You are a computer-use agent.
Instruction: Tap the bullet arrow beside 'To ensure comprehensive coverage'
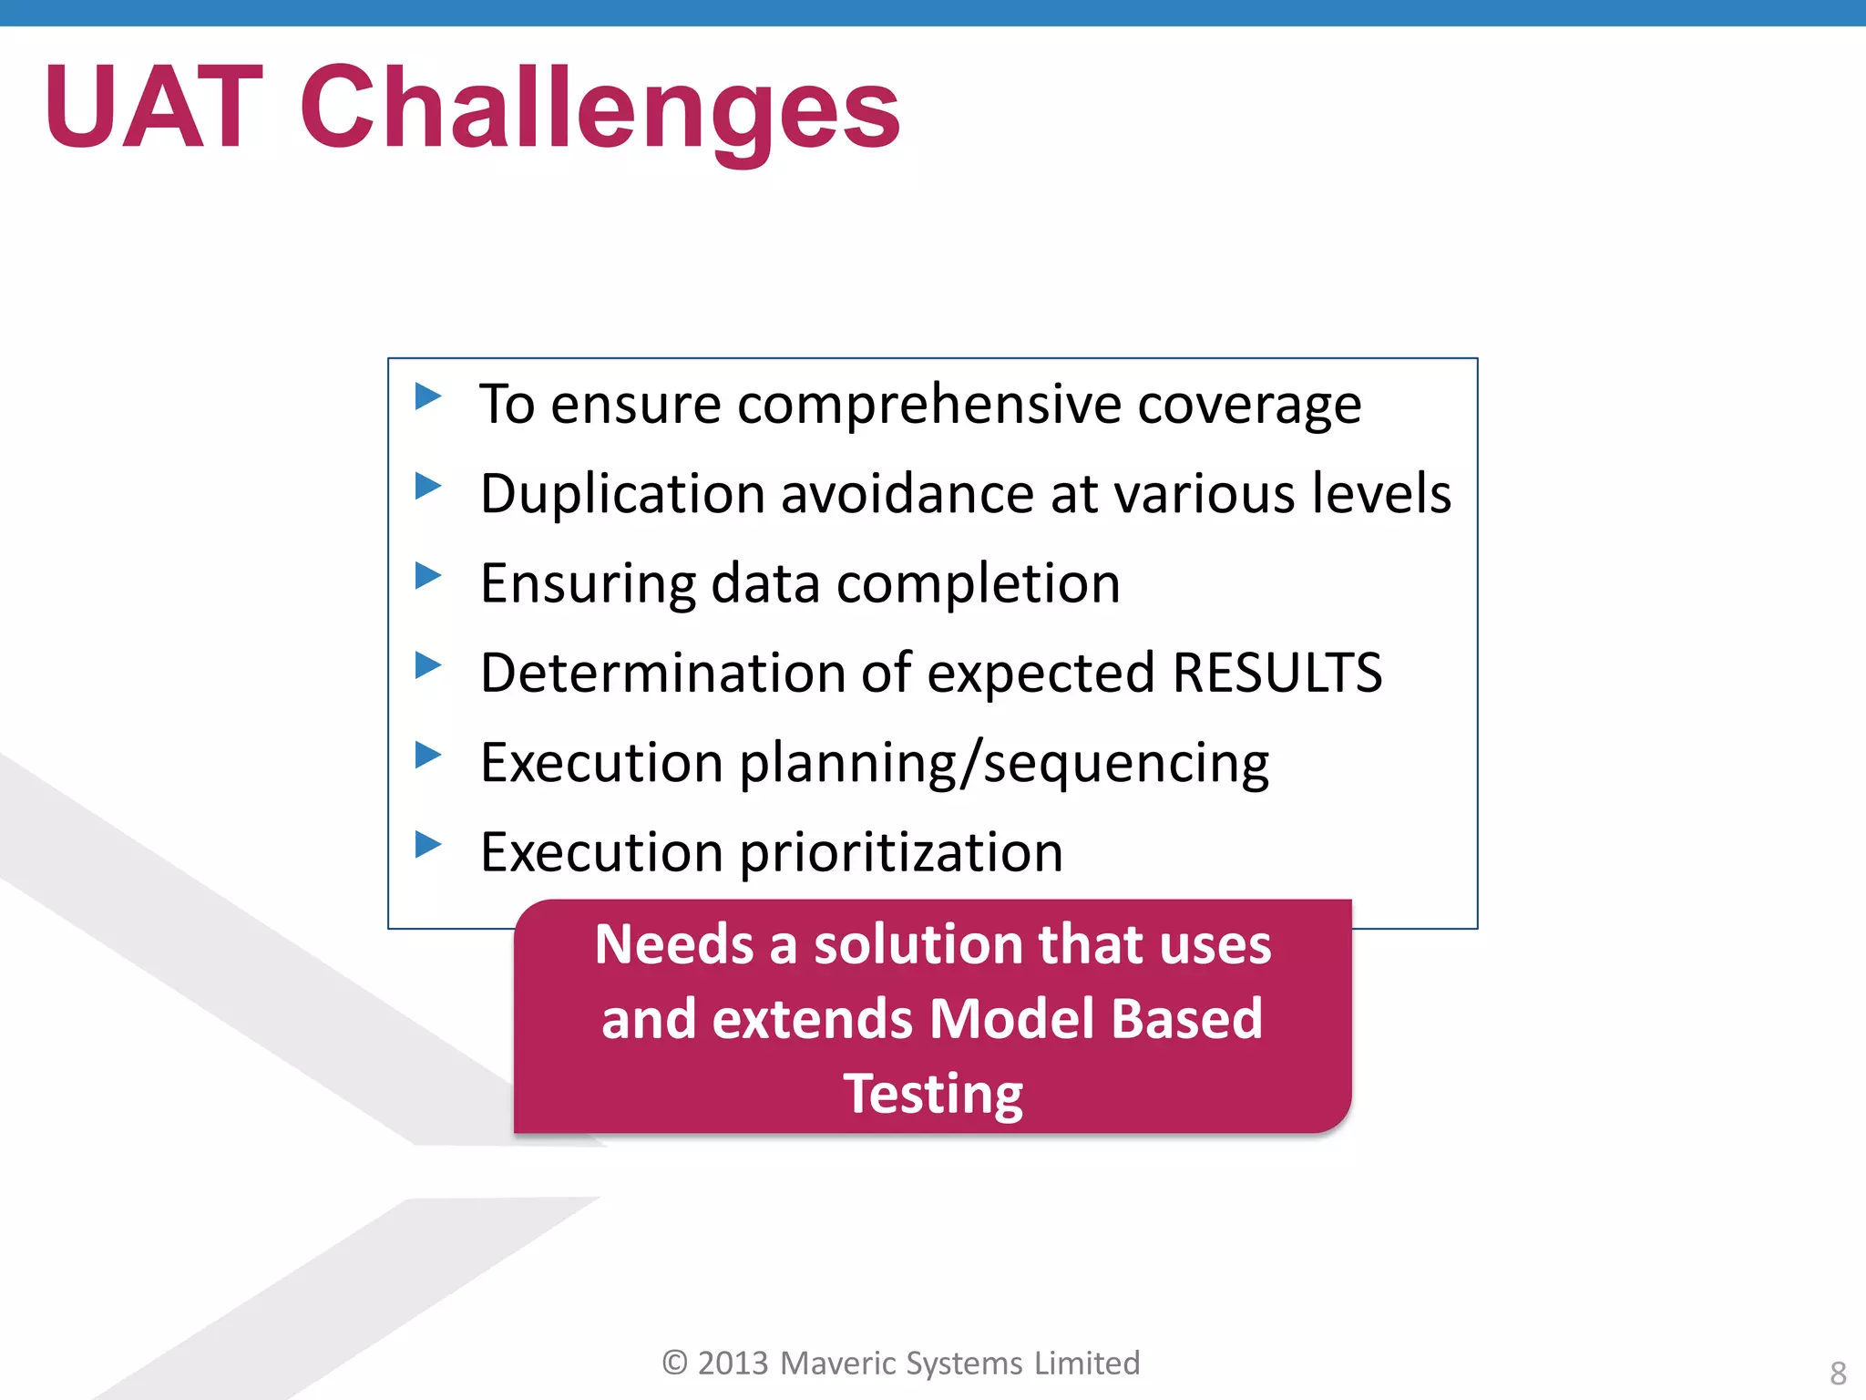[x=427, y=396]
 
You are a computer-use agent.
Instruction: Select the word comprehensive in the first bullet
[x=928, y=404]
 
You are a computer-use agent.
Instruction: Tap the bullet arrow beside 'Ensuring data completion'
[x=427, y=575]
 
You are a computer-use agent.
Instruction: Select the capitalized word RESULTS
[x=1276, y=673]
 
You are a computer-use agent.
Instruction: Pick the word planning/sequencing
[x=1003, y=764]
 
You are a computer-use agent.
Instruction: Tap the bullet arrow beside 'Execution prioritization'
[x=427, y=844]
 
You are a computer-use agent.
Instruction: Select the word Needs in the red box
[x=673, y=943]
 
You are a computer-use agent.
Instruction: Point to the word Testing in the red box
[x=932, y=1093]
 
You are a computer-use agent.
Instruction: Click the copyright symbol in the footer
[x=674, y=1363]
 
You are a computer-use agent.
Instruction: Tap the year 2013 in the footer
[x=733, y=1363]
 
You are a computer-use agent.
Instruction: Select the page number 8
[x=1838, y=1373]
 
